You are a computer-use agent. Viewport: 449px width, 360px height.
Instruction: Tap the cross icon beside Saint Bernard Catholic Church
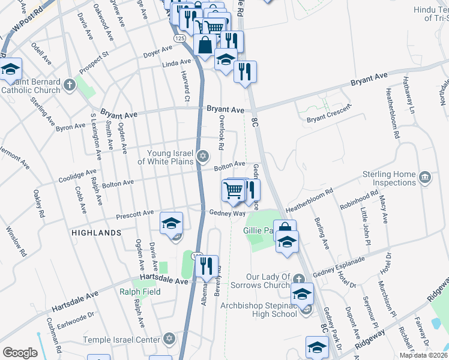(70, 85)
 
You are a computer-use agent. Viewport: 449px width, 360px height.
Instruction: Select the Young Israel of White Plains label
(166, 157)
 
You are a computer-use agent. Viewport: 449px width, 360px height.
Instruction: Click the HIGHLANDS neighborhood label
(96, 232)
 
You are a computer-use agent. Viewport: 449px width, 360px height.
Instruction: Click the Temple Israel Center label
(123, 340)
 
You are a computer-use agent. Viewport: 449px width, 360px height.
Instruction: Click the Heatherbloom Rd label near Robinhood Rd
(309, 199)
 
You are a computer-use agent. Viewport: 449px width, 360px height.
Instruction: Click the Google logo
(20, 353)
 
